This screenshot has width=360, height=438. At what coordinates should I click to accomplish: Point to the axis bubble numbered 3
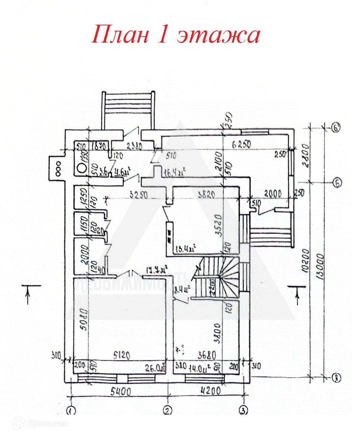tap(243, 410)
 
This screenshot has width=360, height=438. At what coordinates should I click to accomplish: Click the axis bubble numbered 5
tap(337, 183)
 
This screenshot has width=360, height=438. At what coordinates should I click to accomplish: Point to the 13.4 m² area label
tap(185, 249)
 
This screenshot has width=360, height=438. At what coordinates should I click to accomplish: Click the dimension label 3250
tap(138, 195)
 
